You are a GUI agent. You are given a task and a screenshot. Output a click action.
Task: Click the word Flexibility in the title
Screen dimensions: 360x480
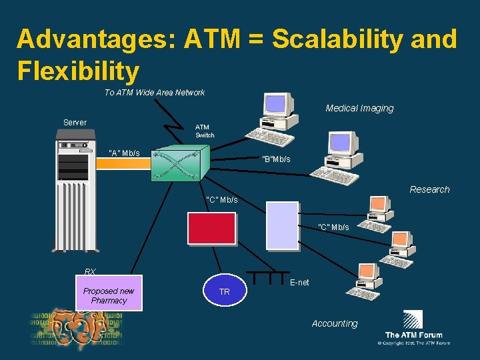coord(78,70)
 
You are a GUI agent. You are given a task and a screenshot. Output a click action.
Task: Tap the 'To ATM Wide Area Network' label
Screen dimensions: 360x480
coord(154,93)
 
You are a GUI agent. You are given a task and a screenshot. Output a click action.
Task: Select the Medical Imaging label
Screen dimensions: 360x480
coord(359,108)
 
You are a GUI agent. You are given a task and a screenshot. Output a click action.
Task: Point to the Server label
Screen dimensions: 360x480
coord(75,123)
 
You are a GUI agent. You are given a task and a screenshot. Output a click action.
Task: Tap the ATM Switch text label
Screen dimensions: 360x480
coord(205,131)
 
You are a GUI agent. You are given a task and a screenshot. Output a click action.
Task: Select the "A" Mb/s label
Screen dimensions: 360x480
coord(124,153)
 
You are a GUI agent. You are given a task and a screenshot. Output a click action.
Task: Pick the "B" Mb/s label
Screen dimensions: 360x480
coord(276,159)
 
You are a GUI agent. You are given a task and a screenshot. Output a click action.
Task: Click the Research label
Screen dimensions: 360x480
coord(429,189)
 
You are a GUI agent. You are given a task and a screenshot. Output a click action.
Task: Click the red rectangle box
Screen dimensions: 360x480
coord(211,229)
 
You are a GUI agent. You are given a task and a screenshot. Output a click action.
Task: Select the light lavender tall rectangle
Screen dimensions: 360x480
coord(282,225)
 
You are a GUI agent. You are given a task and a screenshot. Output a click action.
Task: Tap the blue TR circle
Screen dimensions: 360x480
coord(225,291)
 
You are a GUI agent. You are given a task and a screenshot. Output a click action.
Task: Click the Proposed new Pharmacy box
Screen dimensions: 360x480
coord(109,295)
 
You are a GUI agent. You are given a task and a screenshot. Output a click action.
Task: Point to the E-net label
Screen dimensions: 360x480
coord(299,283)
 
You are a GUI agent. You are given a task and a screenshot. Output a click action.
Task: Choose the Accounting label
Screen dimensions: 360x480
coord(335,323)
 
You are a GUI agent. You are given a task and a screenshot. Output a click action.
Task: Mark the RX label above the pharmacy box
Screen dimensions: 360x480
coord(90,272)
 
